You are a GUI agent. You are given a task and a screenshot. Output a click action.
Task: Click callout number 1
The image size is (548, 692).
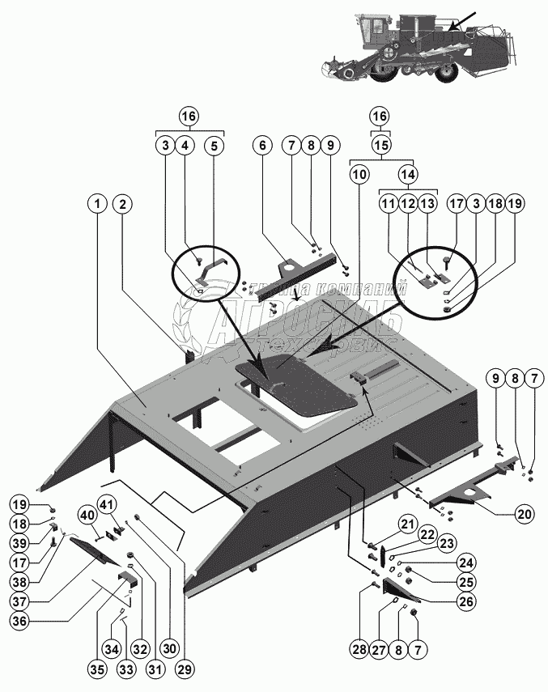tap(97, 204)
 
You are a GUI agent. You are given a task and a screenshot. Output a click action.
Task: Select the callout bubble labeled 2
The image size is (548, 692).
tap(122, 204)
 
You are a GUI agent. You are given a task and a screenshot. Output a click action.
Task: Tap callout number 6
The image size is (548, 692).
tap(261, 146)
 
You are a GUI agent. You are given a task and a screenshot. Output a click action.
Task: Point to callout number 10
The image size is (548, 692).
tap(359, 172)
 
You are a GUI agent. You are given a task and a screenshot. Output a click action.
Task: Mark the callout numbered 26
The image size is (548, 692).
tap(465, 601)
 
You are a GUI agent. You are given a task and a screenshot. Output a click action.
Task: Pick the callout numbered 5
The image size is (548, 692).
tap(214, 146)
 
